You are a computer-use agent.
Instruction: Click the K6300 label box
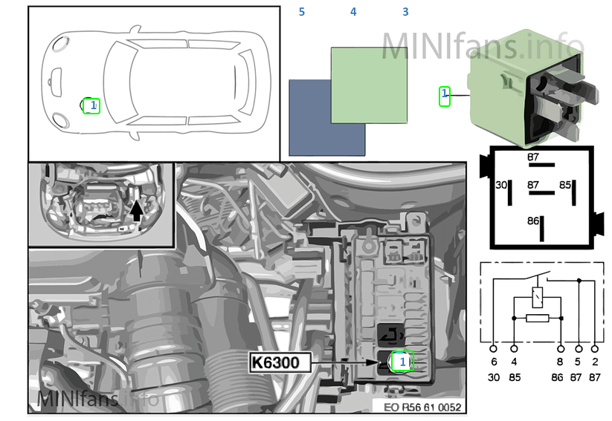280,362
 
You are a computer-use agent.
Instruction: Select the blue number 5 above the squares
302,12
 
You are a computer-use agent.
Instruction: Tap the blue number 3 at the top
405,12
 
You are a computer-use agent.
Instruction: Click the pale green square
370,85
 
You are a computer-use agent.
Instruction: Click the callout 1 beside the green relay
445,97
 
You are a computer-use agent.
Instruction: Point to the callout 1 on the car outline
91,105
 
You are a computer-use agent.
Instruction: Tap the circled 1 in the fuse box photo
402,361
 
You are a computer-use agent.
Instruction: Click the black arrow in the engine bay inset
136,210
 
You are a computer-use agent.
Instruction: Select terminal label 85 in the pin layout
564,185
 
